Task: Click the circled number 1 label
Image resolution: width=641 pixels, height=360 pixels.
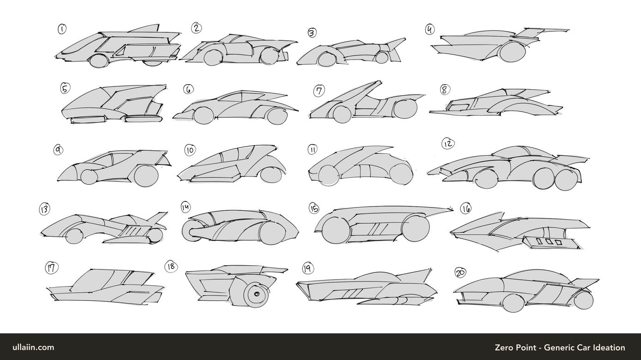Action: [x=62, y=29]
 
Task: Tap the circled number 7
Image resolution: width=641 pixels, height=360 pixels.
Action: [x=319, y=91]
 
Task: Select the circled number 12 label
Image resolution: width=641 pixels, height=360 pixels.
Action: [x=448, y=144]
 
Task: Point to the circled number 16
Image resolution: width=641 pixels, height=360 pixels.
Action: [x=466, y=209]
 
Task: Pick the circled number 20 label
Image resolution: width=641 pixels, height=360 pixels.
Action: [x=460, y=273]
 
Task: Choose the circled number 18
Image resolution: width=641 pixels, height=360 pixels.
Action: [x=171, y=267]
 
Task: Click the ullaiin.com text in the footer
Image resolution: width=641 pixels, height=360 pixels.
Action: [x=33, y=348]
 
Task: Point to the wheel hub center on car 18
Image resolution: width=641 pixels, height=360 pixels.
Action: [x=257, y=294]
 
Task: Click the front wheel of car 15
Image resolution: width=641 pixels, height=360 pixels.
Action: [x=336, y=230]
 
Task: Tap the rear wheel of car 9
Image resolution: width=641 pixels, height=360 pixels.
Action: [x=146, y=176]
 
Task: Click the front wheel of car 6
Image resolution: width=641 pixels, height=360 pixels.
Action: [x=204, y=116]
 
